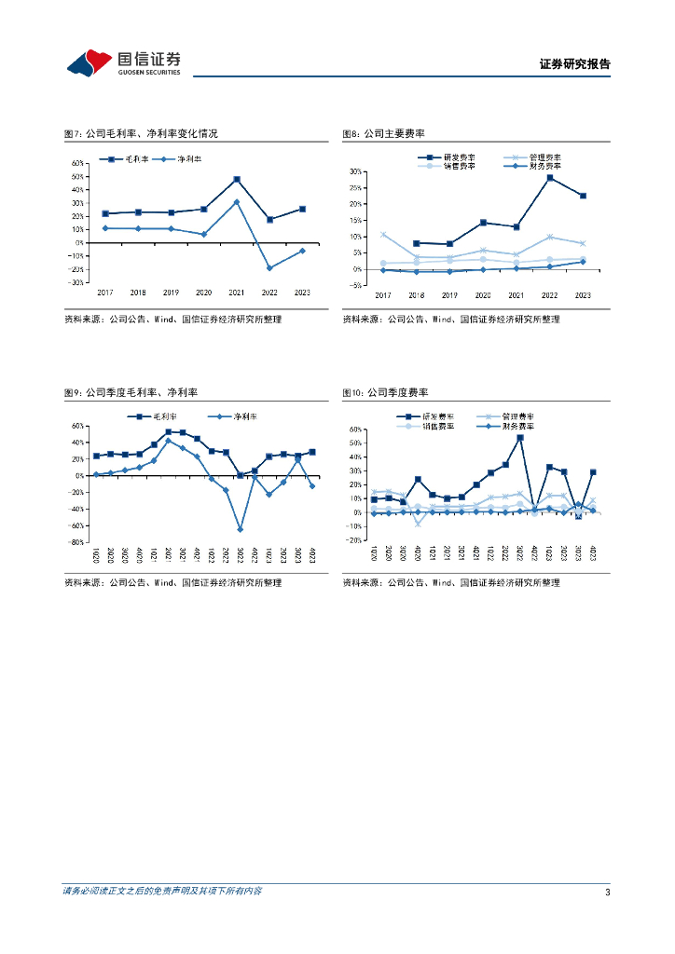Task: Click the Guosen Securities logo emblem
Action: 90,63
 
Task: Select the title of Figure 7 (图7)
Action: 140,134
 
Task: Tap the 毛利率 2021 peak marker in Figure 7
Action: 237,179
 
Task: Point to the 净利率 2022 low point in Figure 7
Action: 270,268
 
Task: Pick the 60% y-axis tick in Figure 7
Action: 77,162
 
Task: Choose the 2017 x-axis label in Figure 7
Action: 104,292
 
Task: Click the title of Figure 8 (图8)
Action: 383,134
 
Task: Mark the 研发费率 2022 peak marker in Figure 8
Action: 550,178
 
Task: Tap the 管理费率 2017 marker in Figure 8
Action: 383,235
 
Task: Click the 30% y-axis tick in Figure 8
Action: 355,172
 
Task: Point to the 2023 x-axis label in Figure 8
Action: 583,295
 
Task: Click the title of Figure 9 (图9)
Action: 137,394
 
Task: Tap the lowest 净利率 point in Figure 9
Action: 240,529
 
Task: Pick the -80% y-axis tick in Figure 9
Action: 77,541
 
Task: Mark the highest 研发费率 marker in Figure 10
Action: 519,437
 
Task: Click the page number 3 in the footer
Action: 607,893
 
